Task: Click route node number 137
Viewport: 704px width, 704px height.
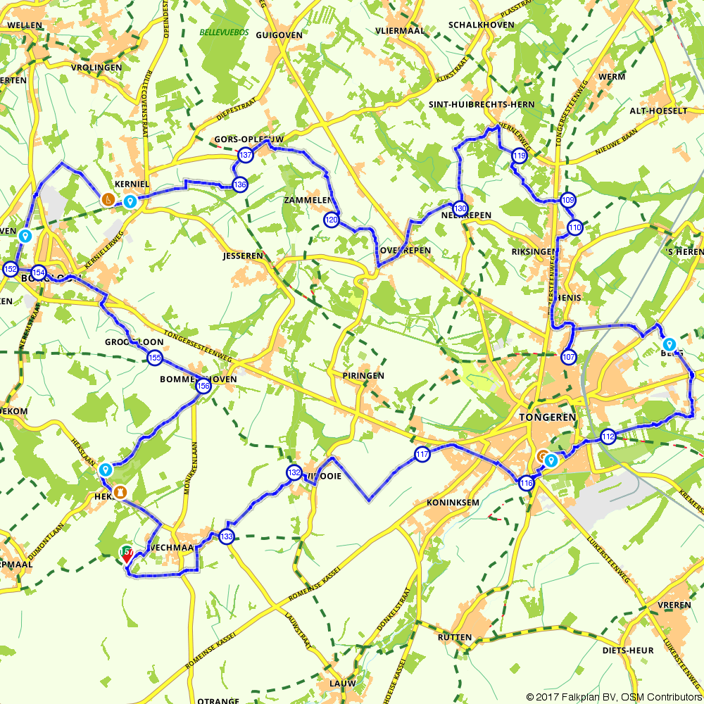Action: coord(245,155)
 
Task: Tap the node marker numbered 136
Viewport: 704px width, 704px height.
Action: coord(240,184)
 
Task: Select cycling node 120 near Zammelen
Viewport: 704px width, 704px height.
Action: coord(332,220)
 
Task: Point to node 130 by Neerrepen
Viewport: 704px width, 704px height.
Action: coord(460,208)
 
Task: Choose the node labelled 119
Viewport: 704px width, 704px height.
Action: coord(520,156)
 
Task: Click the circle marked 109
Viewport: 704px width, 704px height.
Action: coord(569,200)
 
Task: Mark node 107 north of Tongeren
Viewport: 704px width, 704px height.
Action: coord(569,357)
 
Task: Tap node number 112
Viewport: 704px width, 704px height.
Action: coord(608,437)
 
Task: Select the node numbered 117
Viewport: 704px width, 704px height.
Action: coord(422,455)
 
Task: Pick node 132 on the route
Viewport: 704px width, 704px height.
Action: coord(294,473)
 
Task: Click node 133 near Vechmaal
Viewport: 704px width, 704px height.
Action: coord(226,536)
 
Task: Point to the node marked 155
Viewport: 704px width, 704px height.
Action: coord(155,358)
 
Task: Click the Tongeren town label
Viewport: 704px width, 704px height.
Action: coord(547,417)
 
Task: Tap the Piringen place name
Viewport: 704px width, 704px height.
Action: coord(363,376)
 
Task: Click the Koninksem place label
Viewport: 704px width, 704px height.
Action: coord(453,503)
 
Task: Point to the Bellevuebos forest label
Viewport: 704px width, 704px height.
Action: coord(221,32)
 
